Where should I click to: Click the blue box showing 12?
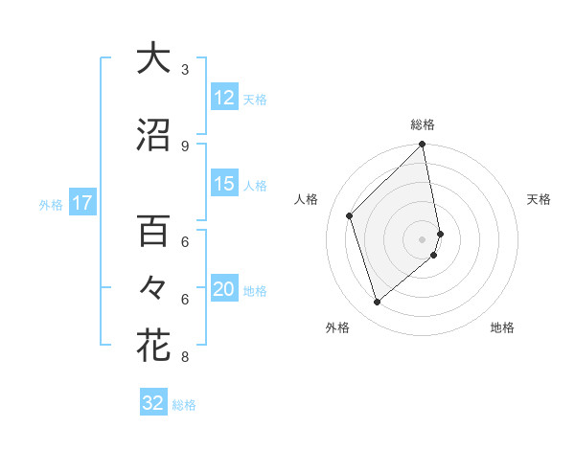tap(223, 98)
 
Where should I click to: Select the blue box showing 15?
tap(223, 184)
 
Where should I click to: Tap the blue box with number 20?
tap(223, 290)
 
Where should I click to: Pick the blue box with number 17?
tap(81, 203)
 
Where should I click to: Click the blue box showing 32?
tap(153, 403)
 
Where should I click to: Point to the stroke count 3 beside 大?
tap(185, 69)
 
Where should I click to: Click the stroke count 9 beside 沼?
tap(185, 146)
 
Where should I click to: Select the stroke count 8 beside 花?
tap(185, 357)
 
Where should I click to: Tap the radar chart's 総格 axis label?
tap(423, 124)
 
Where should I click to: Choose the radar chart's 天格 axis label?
tap(540, 199)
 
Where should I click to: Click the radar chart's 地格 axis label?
tap(502, 328)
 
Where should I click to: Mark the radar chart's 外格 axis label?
tap(337, 328)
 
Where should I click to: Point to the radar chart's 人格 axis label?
tap(306, 199)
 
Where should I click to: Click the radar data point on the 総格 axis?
tap(423, 146)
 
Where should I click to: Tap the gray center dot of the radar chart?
tap(423, 238)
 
